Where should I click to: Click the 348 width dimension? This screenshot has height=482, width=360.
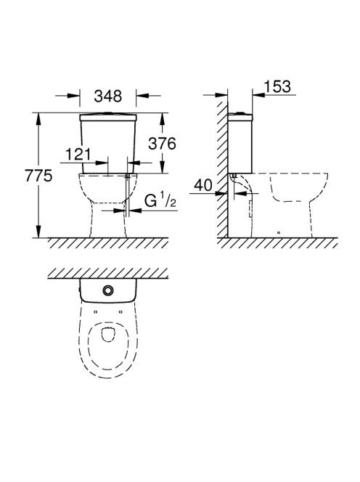pos(108,96)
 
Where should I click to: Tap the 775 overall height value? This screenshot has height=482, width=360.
pos(38,176)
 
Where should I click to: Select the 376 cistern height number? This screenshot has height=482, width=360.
pos(162,144)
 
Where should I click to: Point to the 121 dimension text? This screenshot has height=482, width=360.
pos(78,154)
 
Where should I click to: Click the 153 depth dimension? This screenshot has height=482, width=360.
pos(277,86)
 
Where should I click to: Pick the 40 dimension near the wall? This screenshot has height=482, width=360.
pos(203,185)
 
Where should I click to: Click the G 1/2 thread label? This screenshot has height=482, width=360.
pos(160,201)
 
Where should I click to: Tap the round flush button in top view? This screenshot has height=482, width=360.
pos(108,290)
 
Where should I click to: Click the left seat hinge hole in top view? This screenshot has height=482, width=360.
pos(95,312)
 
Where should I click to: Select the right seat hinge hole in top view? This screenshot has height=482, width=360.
pos(120,312)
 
